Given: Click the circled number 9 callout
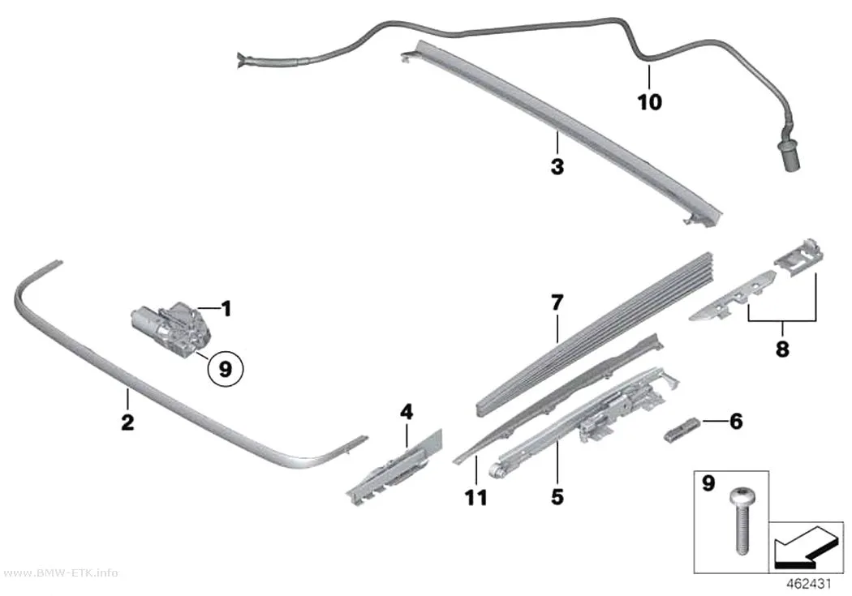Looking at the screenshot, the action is [225, 370].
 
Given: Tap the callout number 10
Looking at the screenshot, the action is [649, 102].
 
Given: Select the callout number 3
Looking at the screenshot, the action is [557, 167].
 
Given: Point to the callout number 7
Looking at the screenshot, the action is [557, 303].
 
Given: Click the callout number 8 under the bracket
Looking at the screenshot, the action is [782, 349].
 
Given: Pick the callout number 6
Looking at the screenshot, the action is [736, 421].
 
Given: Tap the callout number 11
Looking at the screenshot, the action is [476, 497].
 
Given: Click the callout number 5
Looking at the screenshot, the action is [557, 496].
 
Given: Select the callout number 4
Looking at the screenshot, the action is [407, 413].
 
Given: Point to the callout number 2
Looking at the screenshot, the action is [127, 422].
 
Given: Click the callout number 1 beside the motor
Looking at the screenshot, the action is [226, 309].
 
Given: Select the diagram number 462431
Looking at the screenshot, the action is [809, 584].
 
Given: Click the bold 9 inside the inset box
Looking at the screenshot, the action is [708, 482].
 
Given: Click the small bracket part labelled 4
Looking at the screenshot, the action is [394, 467].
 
